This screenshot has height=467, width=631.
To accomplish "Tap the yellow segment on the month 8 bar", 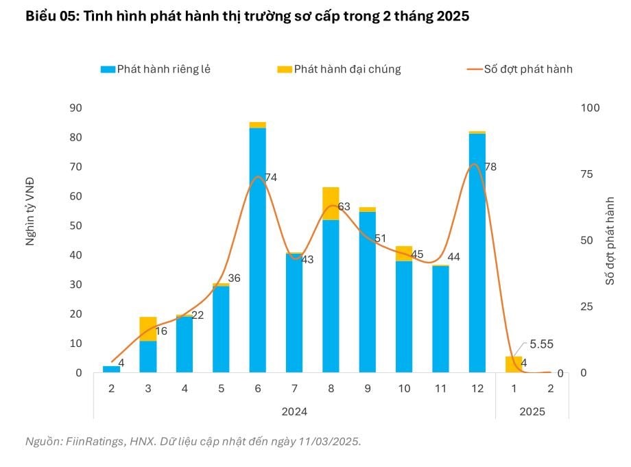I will coord(331,203).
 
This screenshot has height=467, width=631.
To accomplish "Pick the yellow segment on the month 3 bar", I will coord(147,328).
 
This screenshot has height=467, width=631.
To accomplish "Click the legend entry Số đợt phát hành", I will coord(528,69).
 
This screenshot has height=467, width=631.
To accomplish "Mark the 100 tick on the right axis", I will coord(590,108).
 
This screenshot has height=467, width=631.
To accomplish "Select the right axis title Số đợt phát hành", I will coord(609,240).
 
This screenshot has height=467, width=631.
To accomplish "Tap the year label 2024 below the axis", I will coord(294,412).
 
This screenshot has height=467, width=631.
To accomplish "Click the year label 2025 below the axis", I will coord(532,412).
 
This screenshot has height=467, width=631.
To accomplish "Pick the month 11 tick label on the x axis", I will coord(440,389).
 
